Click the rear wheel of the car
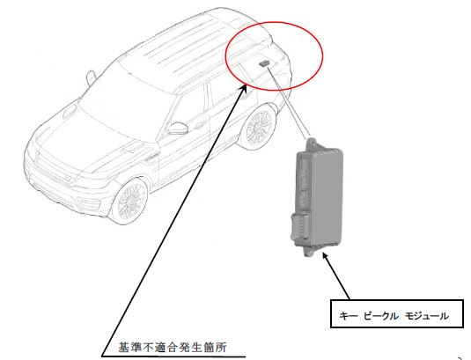[x=259, y=127]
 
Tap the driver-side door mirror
[x=178, y=129]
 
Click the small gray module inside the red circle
[x=264, y=63]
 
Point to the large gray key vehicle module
[x=317, y=197]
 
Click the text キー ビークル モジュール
[x=394, y=316]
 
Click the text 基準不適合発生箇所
[x=173, y=348]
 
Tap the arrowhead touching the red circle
[x=244, y=89]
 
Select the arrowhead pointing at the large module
[x=326, y=257]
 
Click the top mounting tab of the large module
[x=313, y=143]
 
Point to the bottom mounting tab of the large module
[x=309, y=251]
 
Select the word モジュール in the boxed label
[x=427, y=316]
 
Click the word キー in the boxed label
[x=349, y=316]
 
